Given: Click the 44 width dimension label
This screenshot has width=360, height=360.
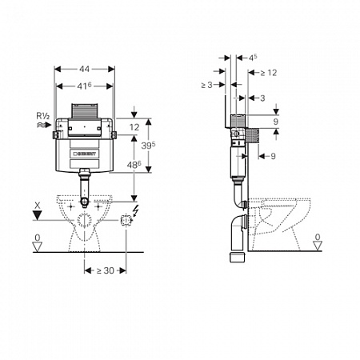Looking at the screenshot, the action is (x=84, y=69).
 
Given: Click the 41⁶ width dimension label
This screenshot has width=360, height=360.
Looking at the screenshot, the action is (x=84, y=86).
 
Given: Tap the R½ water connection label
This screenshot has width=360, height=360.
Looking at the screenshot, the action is (x=43, y=116).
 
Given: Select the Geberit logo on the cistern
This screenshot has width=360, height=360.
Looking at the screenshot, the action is (x=85, y=154).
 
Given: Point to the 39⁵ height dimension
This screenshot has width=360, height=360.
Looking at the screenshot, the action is (x=148, y=146).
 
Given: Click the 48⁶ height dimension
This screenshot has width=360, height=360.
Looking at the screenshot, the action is (x=134, y=165).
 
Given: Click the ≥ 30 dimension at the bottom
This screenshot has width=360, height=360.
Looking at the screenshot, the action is (x=106, y=270).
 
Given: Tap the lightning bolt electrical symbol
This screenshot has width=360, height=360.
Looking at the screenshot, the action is (x=136, y=210).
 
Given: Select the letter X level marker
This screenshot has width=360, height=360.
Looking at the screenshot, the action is (x=38, y=206).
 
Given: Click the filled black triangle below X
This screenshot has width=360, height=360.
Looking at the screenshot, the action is (x=38, y=215).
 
